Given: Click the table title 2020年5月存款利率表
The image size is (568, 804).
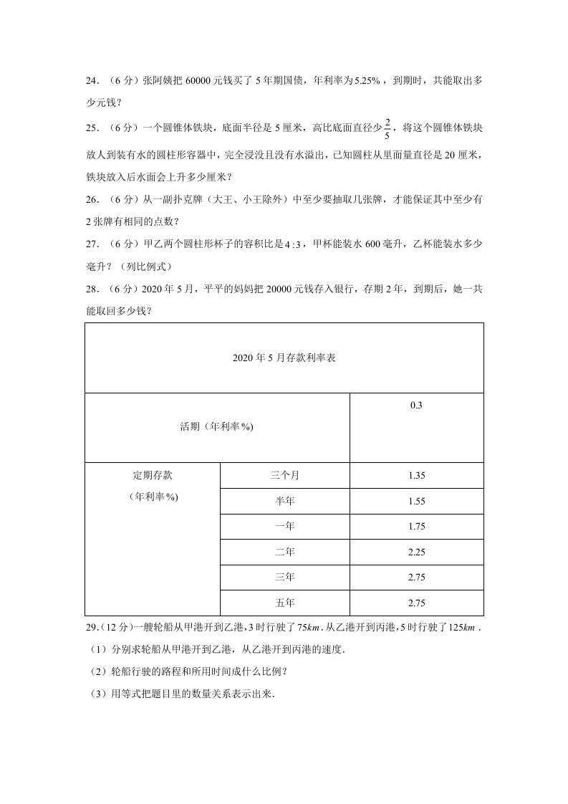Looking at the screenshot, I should point(284,358).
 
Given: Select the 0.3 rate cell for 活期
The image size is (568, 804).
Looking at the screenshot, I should point(416,406).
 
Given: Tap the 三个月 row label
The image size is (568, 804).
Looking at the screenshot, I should point(284,475).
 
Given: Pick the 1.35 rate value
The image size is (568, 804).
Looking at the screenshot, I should point(416,475).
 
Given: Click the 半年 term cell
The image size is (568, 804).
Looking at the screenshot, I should point(284,501).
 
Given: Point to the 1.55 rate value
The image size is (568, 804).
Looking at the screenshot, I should point(416,501).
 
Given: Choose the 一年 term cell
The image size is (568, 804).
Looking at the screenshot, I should point(284,526).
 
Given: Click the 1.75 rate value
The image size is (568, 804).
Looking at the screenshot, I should point(416,526).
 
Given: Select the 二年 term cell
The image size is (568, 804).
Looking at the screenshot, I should point(284,552).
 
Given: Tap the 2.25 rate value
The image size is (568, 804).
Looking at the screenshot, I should point(416,552).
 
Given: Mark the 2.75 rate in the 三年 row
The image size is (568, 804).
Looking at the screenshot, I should point(416,577).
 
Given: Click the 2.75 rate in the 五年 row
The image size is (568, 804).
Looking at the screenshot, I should point(416,603).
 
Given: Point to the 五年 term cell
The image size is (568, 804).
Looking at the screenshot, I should point(284,603).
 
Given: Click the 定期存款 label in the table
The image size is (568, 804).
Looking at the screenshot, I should point(153,475).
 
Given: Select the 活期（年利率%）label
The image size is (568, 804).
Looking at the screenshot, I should point(217,427).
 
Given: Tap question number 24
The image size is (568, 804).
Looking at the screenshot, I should point(93,82).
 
